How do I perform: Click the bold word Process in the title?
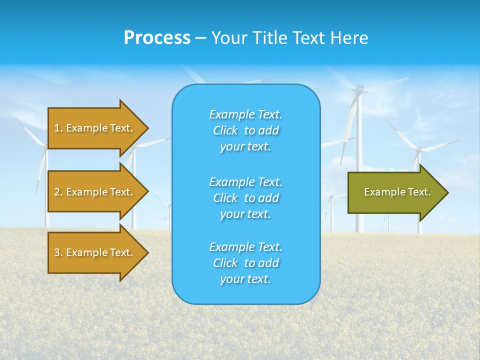pyautogui.click(x=157, y=38)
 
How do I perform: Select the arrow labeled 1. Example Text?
pyautogui.click(x=93, y=128)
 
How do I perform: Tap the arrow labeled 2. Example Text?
pyautogui.click(x=93, y=192)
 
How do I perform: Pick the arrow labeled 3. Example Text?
pyautogui.click(x=93, y=252)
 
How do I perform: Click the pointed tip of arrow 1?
pyautogui.click(x=146, y=128)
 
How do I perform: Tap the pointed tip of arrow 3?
pyautogui.click(x=146, y=252)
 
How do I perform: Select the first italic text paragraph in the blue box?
pyautogui.click(x=245, y=130)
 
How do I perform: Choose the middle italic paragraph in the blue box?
pyautogui.click(x=245, y=198)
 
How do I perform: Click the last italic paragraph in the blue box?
pyautogui.click(x=245, y=263)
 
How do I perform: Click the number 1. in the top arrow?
pyautogui.click(x=58, y=128)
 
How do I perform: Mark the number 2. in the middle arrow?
pyautogui.click(x=58, y=192)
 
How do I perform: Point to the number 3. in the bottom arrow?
pyautogui.click(x=58, y=252)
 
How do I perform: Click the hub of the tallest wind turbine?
pyautogui.click(x=358, y=89)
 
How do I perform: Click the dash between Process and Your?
pyautogui.click(x=200, y=38)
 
